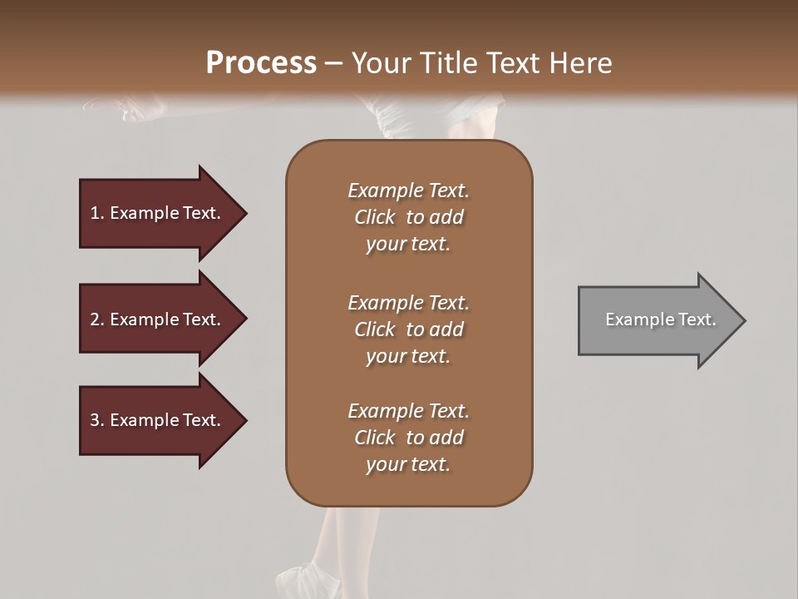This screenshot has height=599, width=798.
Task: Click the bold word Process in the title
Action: pyautogui.click(x=261, y=63)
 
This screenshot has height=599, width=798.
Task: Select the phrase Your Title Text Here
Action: pyautogui.click(x=481, y=63)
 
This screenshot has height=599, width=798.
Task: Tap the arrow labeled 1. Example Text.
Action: pyautogui.click(x=155, y=213)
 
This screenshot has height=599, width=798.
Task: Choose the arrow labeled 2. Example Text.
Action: pyautogui.click(x=155, y=319)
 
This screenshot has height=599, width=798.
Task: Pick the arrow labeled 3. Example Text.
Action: pyautogui.click(x=155, y=420)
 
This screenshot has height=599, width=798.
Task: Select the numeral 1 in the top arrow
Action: pyautogui.click(x=95, y=213)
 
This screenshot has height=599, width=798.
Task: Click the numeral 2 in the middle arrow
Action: pyautogui.click(x=95, y=319)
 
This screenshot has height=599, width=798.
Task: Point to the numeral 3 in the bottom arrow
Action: pyautogui.click(x=95, y=420)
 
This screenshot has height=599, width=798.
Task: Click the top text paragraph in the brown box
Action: pyautogui.click(x=408, y=217)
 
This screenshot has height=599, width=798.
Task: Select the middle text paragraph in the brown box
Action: pyautogui.click(x=408, y=329)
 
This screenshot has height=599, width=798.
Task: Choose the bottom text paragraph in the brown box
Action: pyautogui.click(x=408, y=438)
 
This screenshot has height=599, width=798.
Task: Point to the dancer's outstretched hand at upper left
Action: pyautogui.click(x=125, y=108)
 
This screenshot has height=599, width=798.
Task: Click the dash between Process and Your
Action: pyautogui.click(x=333, y=64)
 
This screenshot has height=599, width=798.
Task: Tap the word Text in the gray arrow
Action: pyautogui.click(x=697, y=319)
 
